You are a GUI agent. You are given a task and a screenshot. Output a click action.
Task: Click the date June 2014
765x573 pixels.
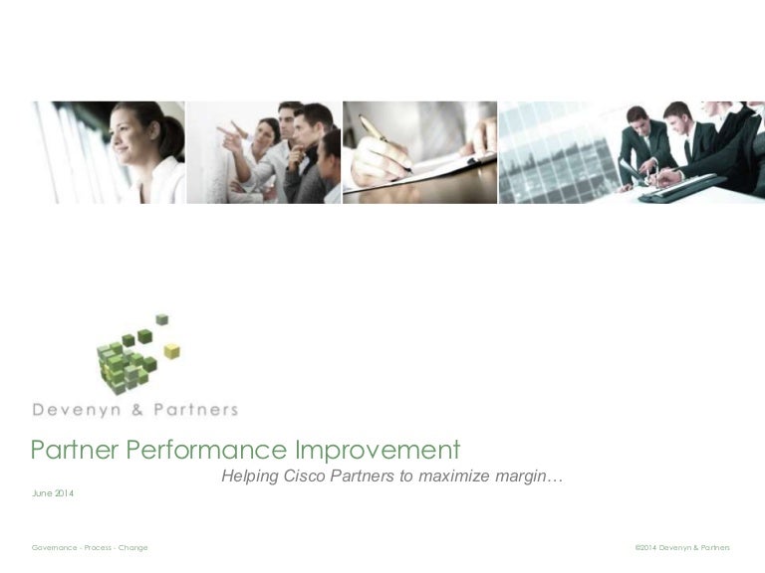tap(53, 494)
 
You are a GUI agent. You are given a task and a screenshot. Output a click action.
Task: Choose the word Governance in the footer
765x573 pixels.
tap(54, 548)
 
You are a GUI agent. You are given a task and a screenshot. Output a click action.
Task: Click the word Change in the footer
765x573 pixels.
tap(132, 548)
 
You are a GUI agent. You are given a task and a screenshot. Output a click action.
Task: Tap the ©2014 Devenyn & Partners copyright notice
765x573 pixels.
tap(681, 548)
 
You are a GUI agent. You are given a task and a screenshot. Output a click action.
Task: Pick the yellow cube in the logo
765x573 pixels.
tap(171, 350)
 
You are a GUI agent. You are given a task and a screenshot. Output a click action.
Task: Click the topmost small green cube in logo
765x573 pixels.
tap(161, 319)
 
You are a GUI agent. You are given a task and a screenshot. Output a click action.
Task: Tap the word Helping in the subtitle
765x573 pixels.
tap(250, 477)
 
